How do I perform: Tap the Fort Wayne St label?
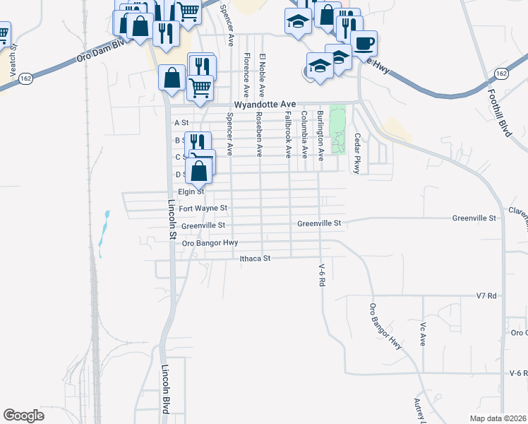203,208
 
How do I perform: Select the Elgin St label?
191,191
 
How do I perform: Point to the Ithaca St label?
256,259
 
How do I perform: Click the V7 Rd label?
487,295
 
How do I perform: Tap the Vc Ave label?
424,333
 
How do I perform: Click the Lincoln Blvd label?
167,387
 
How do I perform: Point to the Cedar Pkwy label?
358,153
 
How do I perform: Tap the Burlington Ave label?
320,135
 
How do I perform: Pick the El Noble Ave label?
262,75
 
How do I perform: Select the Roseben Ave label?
260,134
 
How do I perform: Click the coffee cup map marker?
364,44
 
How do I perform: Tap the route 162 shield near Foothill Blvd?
501,73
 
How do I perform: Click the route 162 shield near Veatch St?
26,78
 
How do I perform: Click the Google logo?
23,416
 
